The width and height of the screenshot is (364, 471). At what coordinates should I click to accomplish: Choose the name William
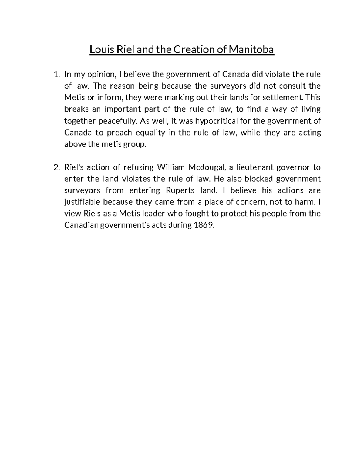pyautogui.click(x=170, y=167)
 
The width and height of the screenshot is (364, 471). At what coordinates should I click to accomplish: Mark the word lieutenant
pyautogui.click(x=257, y=167)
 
